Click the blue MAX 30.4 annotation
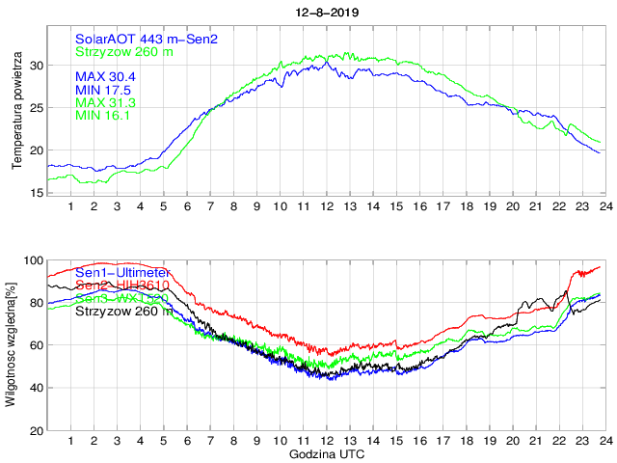(105, 76)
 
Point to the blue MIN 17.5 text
(103, 90)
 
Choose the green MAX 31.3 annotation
(105, 103)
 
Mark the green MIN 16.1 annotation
(103, 116)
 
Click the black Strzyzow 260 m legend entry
(124, 311)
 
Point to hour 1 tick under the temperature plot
(70, 205)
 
